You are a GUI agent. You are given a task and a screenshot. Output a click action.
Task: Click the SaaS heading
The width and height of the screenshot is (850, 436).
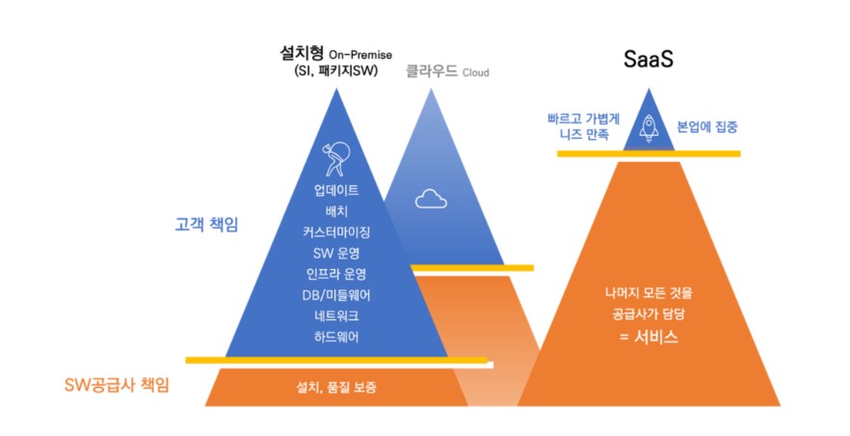(x=648, y=60)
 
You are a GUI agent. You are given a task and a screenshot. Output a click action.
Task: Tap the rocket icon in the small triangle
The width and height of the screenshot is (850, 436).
(x=650, y=128)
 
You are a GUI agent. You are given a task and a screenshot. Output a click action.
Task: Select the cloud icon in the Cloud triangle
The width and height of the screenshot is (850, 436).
(x=431, y=199)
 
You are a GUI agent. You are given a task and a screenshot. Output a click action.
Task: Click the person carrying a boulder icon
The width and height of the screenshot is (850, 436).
(x=336, y=159)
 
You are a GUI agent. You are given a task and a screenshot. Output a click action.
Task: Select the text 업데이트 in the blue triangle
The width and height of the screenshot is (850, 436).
(x=336, y=189)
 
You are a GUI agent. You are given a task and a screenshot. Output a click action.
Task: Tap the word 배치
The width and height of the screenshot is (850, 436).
(x=336, y=210)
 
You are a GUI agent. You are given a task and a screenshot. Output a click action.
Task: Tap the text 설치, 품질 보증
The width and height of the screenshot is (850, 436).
(x=336, y=387)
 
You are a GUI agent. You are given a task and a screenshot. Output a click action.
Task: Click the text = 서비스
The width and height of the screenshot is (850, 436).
(x=648, y=338)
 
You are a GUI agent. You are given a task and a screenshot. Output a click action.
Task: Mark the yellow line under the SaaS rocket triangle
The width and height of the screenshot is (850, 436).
(x=648, y=154)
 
